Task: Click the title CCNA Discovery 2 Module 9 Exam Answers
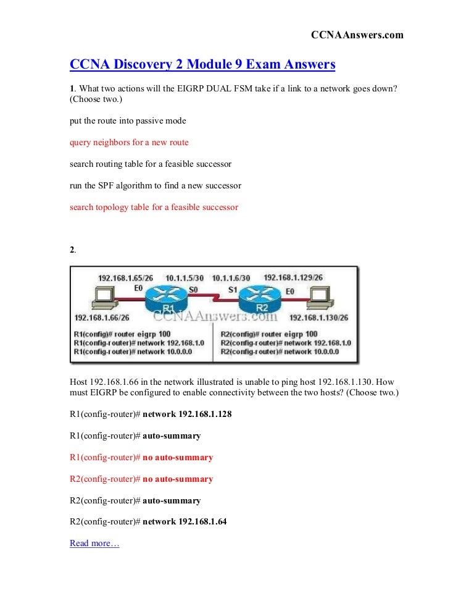202,64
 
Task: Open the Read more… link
94,543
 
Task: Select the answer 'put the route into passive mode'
128,120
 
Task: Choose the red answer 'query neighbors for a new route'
129,142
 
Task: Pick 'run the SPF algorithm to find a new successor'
155,185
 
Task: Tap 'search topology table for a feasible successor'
154,207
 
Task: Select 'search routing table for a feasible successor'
151,164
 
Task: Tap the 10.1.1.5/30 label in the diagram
185,279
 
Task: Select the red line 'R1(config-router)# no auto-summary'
141,458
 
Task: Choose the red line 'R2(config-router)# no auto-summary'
141,479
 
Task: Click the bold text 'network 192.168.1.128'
187,414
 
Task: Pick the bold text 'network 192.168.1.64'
185,521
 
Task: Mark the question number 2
72,250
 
